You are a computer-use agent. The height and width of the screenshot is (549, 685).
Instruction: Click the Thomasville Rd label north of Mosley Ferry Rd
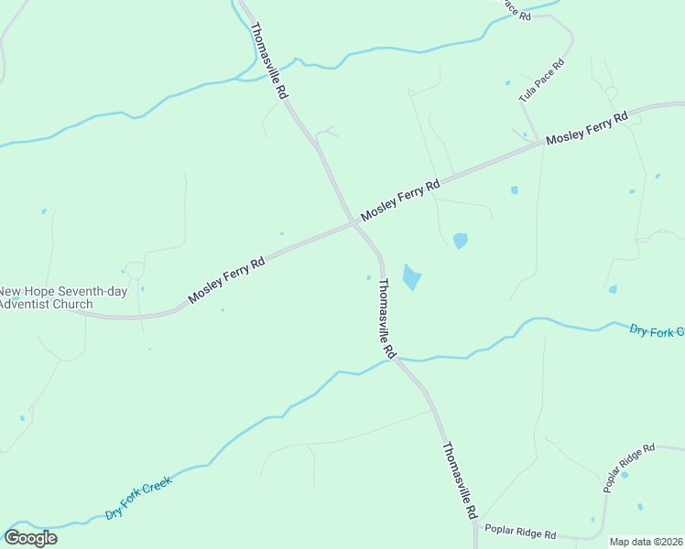(x=269, y=60)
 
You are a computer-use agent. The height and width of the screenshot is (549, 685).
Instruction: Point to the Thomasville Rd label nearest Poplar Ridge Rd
(x=460, y=482)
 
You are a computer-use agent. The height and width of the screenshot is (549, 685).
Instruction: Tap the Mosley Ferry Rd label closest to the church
(x=226, y=280)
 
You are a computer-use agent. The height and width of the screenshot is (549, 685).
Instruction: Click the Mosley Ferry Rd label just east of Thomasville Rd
(x=400, y=199)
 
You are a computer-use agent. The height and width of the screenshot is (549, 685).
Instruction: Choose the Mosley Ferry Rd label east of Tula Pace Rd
(x=587, y=128)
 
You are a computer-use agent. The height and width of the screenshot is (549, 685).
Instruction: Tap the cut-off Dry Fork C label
(x=657, y=330)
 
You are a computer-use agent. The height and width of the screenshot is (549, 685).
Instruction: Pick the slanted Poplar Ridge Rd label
(x=629, y=468)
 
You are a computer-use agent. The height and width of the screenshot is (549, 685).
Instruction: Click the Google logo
(x=31, y=538)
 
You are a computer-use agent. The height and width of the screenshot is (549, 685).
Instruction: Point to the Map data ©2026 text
(x=646, y=542)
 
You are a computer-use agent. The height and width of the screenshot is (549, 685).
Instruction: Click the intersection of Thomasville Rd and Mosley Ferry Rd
(x=354, y=222)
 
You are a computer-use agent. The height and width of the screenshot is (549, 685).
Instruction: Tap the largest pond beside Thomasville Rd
(x=412, y=276)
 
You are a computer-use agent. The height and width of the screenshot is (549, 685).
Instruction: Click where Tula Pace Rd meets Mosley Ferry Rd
(x=540, y=144)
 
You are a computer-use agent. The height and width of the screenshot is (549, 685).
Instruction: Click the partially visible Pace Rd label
(x=515, y=9)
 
